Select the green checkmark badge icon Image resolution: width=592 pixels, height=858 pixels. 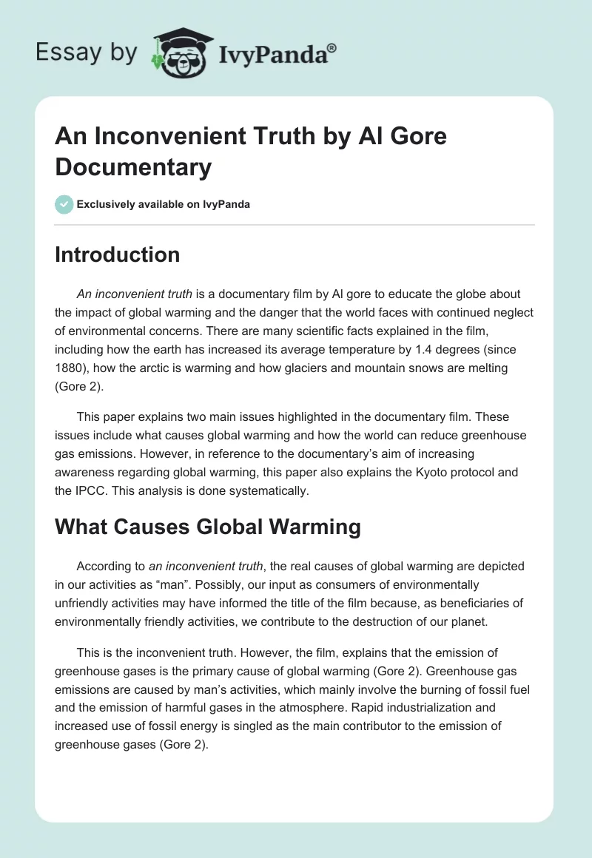coord(64,204)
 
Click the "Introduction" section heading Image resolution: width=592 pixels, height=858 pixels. coord(117,254)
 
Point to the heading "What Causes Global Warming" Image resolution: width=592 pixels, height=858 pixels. coord(208,527)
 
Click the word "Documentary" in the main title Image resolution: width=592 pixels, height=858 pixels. coord(133,167)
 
